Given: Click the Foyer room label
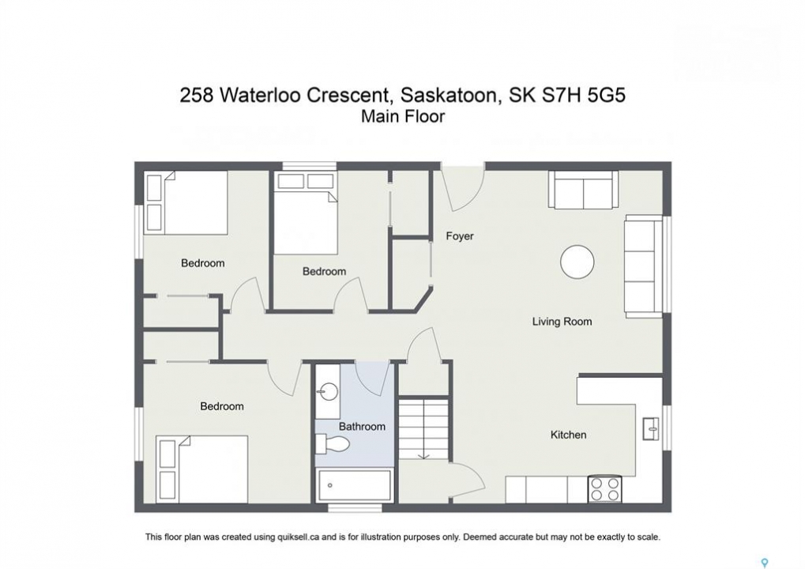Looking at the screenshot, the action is pyautogui.click(x=460, y=236).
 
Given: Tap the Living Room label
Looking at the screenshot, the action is pyautogui.click(x=562, y=322).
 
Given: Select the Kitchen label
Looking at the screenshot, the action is pyautogui.click(x=568, y=435).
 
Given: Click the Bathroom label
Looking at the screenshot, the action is pyautogui.click(x=362, y=426).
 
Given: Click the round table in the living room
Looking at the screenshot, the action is pyautogui.click(x=577, y=262).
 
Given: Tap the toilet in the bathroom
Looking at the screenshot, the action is pyautogui.click(x=332, y=443).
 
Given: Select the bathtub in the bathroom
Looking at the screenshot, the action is pyautogui.click(x=355, y=485).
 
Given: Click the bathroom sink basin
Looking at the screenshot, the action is pyautogui.click(x=328, y=392).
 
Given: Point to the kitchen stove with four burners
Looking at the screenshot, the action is pyautogui.click(x=604, y=489).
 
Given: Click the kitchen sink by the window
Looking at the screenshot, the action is pyautogui.click(x=651, y=428).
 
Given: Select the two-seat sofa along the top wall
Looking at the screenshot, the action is pyautogui.click(x=583, y=190).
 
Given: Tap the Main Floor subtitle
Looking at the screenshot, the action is pyautogui.click(x=403, y=117).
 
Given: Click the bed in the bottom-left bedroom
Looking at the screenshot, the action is pyautogui.click(x=201, y=469).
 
